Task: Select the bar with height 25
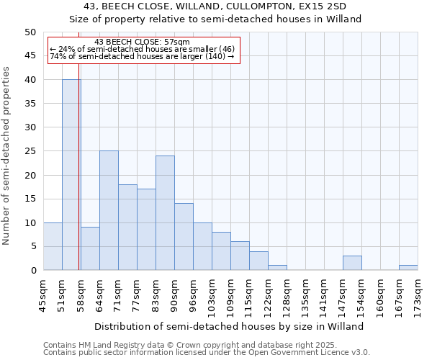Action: pos(109,210)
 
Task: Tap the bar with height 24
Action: pos(165,213)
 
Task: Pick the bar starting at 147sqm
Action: pos(352,263)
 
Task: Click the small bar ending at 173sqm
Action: pos(408,268)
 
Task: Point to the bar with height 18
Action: pos(127,228)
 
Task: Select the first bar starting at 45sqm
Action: pos(53,246)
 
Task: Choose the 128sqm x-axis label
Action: pos(287,295)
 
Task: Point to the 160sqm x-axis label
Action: pos(380,295)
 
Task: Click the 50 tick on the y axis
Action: pos(30,32)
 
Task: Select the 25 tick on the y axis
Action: pos(30,151)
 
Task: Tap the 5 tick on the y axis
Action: pos(32,246)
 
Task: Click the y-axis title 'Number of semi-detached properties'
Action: pos(7,156)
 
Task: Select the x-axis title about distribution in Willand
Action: pos(229,326)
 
